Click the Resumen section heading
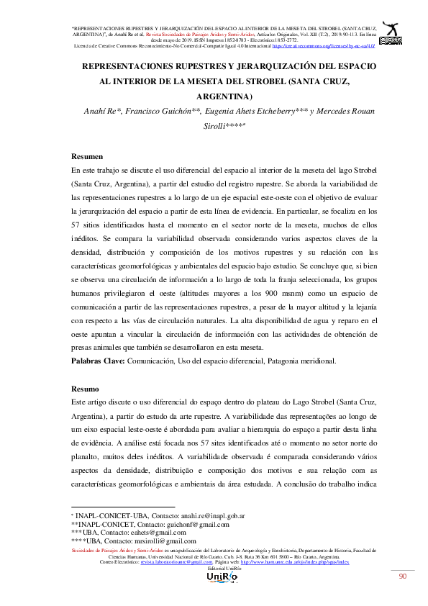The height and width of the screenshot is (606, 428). (87, 156)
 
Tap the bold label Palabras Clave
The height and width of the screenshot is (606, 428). (98, 360)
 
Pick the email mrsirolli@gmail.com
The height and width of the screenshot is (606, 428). (163, 541)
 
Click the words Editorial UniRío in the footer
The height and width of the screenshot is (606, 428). (214, 567)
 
